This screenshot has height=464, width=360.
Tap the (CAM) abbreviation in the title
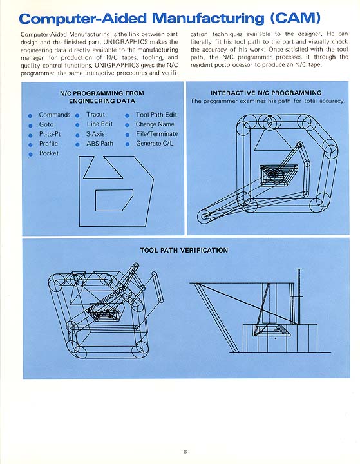[x=295, y=18]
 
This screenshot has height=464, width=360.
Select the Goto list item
[x=46, y=124]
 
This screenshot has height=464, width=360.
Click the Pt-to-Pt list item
[x=50, y=134]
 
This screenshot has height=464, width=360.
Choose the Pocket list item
[x=49, y=153]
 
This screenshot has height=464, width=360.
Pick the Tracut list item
[x=95, y=115]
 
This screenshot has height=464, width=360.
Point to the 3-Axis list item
[x=95, y=134]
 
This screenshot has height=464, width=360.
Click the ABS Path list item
[x=100, y=144]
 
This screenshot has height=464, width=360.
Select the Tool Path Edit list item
[x=156, y=115]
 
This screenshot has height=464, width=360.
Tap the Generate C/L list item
[x=155, y=144]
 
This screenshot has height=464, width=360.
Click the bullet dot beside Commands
[x=30, y=116]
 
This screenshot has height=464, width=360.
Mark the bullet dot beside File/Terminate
[x=128, y=135]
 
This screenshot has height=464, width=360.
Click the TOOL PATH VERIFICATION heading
[x=184, y=250]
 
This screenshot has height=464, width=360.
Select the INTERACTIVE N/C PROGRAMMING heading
[x=266, y=93]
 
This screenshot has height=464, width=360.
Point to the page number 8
[x=185, y=452]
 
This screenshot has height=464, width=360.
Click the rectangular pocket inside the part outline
[x=114, y=200]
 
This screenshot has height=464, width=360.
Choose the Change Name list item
[x=155, y=124]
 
